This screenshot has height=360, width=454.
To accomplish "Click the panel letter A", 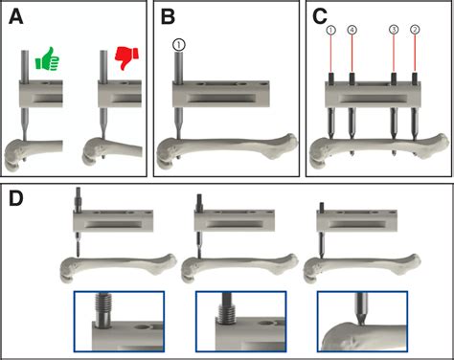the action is point(16,17).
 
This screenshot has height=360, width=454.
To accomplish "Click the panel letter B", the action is point(168,17).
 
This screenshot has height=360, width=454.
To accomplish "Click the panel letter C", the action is point(320,17).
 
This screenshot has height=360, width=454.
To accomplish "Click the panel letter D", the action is point(16,198).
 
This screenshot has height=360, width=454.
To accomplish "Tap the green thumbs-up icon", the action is point(47,58).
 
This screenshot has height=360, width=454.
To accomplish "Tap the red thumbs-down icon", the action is point(126,57).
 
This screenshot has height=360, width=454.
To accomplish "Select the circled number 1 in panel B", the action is point(179,45).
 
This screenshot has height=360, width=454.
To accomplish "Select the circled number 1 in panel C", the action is point(331,30).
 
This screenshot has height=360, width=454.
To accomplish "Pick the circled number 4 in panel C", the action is point(352,30).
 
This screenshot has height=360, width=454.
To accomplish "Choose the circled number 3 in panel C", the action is point(394,30).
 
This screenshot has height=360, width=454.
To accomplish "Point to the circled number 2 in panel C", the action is point(415,30).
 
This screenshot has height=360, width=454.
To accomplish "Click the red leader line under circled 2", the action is point(415,53).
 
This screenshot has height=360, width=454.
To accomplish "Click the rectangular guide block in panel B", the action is point(221,94).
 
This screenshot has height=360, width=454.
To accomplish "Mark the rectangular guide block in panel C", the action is point(374,94).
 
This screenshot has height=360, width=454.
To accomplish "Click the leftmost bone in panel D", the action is point(118,267).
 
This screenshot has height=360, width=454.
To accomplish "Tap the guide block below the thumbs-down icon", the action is point(120,94).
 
